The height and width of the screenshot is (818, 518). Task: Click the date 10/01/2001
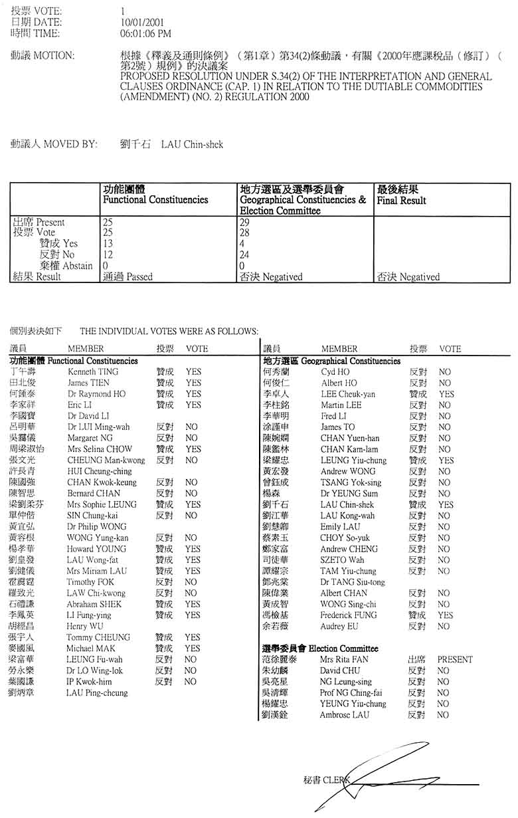tap(139, 23)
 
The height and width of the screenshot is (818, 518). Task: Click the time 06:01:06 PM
tap(145, 33)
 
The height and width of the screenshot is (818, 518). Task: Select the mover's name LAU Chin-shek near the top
tap(192, 144)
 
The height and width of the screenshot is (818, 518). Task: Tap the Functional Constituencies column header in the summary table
tap(155, 199)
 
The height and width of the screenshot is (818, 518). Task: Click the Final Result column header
tap(401, 200)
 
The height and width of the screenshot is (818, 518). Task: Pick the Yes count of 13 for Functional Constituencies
tap(108, 244)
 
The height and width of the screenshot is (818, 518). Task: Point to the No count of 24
tap(246, 255)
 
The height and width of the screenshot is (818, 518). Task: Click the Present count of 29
tap(246, 222)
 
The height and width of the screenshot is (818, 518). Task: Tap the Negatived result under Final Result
tap(419, 276)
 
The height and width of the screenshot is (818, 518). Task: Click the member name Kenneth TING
tap(93, 372)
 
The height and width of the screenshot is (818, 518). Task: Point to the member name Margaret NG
tap(90, 438)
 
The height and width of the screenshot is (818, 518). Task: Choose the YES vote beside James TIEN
tap(193, 383)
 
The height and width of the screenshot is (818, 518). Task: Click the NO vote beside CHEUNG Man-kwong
tap(191, 460)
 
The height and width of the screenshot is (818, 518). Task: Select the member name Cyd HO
tap(335, 372)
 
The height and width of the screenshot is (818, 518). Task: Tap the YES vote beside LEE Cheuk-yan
tap(446, 394)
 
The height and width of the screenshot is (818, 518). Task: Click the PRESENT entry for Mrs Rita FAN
tap(455, 660)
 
